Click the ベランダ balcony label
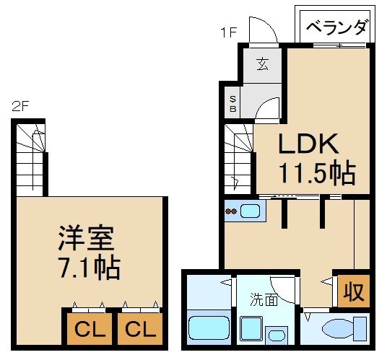pos(336,30)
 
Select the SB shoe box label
pos(232,105)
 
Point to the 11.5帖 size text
pos(316,173)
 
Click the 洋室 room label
pos(85,239)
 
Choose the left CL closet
pos(90,330)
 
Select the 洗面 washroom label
pos(264,299)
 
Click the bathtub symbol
pos(208,329)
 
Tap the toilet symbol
pos(339,330)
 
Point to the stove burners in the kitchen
pos(231,211)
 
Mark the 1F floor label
pos(229,31)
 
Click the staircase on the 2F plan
pos(31,158)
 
